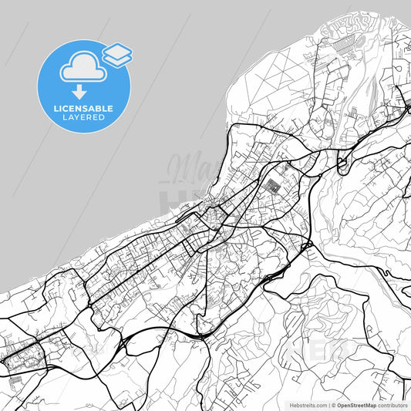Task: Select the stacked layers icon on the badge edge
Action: (117, 54)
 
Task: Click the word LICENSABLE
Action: (84, 109)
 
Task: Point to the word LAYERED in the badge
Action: (84, 119)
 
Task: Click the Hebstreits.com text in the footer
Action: (308, 404)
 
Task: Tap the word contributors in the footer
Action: (393, 404)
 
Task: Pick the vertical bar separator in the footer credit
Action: (328, 404)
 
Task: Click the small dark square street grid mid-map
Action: (274, 186)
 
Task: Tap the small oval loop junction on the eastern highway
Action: (343, 163)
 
